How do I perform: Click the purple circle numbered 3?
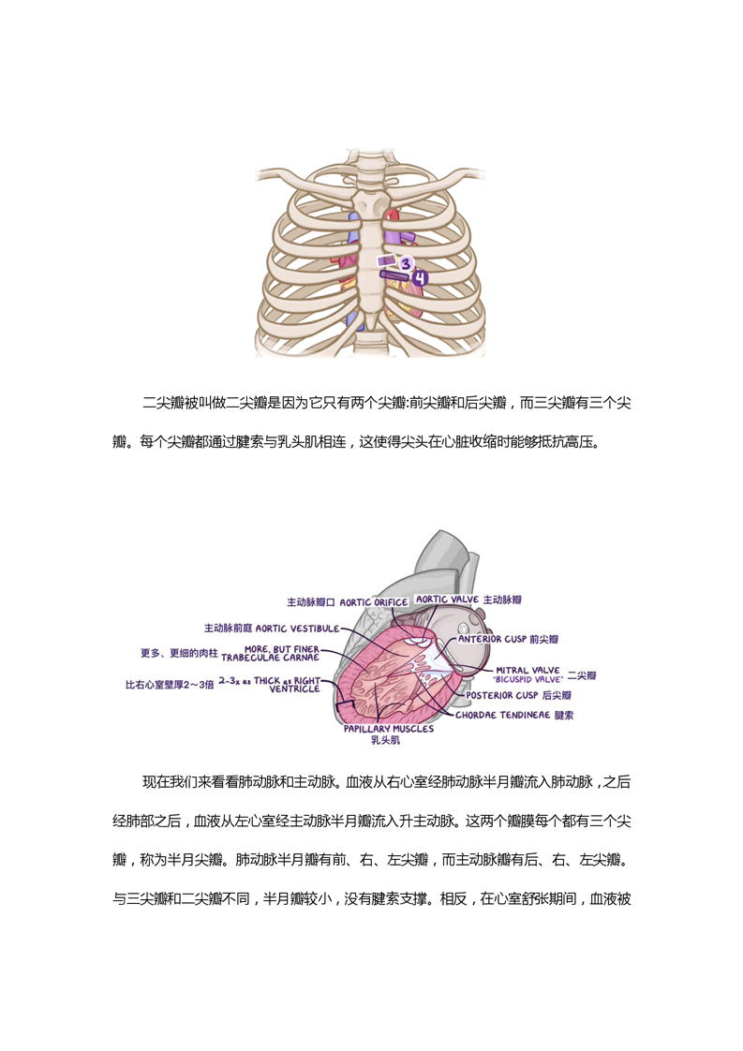click(406, 264)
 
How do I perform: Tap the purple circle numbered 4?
click(420, 277)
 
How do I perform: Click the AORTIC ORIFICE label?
click(374, 602)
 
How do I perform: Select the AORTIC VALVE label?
click(447, 600)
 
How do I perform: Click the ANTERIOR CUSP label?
click(492, 640)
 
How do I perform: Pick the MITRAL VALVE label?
click(528, 670)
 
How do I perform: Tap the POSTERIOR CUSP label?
click(502, 696)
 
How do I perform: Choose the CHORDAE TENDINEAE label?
click(502, 716)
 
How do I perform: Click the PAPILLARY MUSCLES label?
click(389, 729)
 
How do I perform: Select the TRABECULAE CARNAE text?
click(270, 658)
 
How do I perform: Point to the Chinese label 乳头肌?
click(386, 740)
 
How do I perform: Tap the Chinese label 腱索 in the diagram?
click(564, 716)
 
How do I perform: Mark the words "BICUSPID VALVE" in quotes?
click(529, 679)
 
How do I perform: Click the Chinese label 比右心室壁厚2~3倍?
click(170, 685)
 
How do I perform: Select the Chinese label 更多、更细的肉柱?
click(179, 653)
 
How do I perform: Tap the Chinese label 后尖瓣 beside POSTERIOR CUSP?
click(557, 696)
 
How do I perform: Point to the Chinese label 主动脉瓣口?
click(311, 602)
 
